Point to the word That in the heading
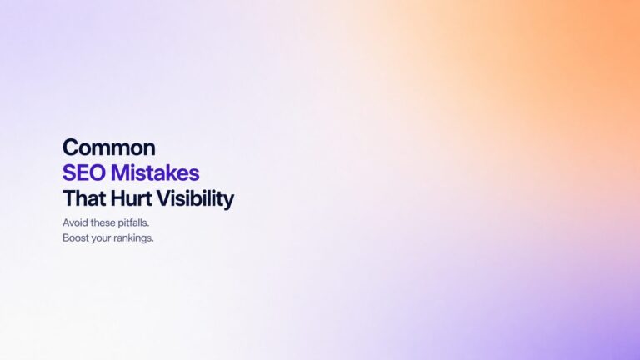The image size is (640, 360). (x=82, y=199)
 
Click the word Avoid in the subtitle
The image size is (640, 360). (x=75, y=222)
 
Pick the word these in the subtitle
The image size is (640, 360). (x=105, y=222)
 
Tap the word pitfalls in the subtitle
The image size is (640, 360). (x=140, y=222)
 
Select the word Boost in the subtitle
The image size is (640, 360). (x=76, y=238)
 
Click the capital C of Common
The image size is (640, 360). (x=70, y=147)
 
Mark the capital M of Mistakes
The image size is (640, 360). (x=117, y=173)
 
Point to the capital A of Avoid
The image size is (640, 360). (x=66, y=222)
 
